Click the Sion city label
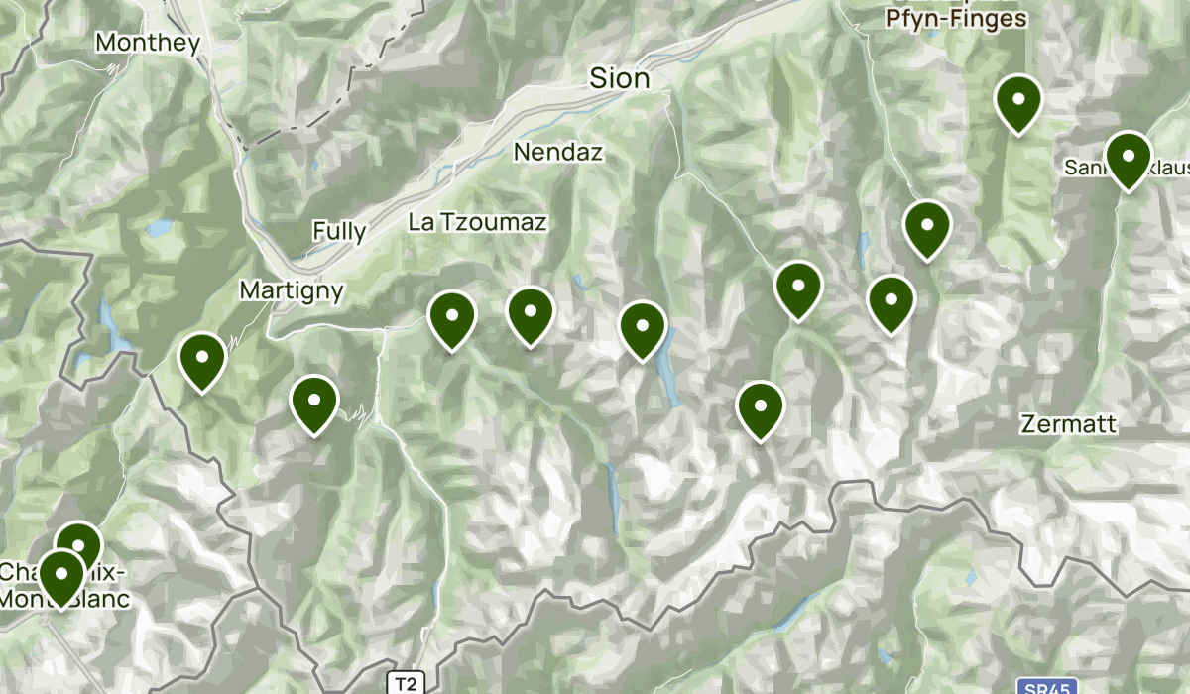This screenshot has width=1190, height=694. pyautogui.click(x=620, y=78)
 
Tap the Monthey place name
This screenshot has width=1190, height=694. pyautogui.click(x=148, y=43)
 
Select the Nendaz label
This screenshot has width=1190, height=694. pyautogui.click(x=558, y=152)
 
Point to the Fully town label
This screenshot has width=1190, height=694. pyautogui.click(x=339, y=232)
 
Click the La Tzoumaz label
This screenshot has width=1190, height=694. pyautogui.click(x=477, y=222)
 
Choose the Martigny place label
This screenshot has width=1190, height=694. pyautogui.click(x=292, y=290)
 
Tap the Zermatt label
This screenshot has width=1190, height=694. pyautogui.click(x=1069, y=424)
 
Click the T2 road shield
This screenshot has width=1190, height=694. pyautogui.click(x=405, y=683)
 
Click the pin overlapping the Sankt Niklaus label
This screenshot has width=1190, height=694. pyautogui.click(x=1128, y=159)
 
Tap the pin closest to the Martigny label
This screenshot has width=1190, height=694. pyautogui.click(x=202, y=361)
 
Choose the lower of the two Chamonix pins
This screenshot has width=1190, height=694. pyautogui.click(x=60, y=576)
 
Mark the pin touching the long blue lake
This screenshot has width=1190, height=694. pyautogui.click(x=643, y=328)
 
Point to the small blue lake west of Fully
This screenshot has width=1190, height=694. pyautogui.click(x=159, y=229)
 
